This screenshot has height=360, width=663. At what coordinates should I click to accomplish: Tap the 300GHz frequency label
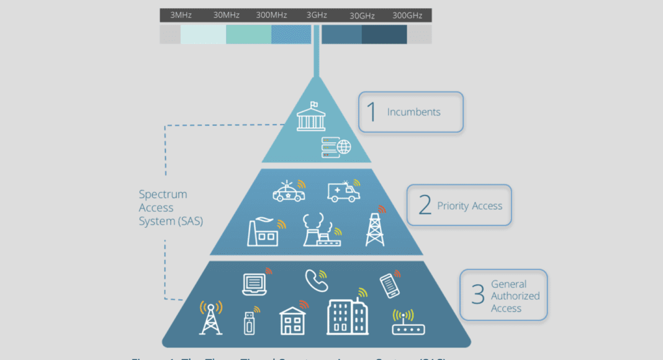point(407,15)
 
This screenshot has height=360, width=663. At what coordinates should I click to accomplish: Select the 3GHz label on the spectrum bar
point(317,15)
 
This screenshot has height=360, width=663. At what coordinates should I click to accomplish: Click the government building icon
point(311,117)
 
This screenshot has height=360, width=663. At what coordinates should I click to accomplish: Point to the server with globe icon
point(336,146)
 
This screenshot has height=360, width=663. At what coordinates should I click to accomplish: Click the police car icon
point(289,192)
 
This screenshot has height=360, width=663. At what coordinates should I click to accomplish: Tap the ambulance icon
point(343,191)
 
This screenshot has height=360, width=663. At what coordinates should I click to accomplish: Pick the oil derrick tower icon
point(375,227)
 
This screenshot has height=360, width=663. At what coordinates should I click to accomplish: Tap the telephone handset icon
point(316,281)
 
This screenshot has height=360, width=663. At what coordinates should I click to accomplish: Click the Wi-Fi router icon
point(407,323)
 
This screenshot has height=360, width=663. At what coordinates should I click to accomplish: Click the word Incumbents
point(413,112)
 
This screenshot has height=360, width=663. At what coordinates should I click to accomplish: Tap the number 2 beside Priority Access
point(425,205)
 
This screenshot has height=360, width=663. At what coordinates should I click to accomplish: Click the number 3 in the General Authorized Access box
point(477,295)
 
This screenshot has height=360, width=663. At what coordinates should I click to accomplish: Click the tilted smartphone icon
point(388,286)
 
